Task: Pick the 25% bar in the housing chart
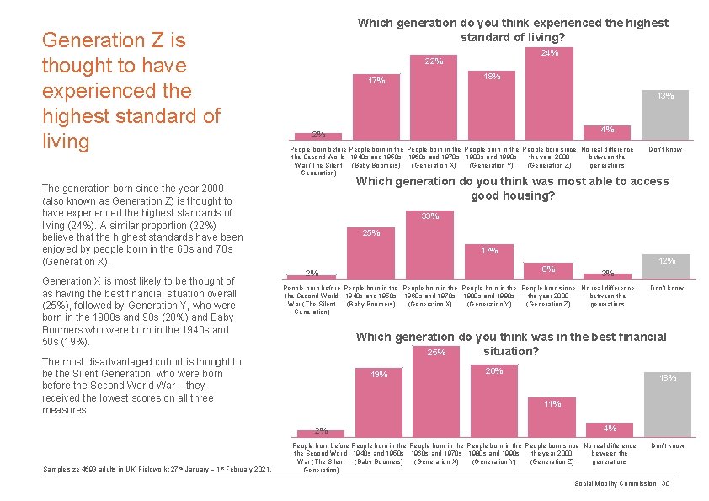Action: [x=372, y=258]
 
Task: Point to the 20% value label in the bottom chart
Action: [x=494, y=371]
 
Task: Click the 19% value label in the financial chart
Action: [x=379, y=375]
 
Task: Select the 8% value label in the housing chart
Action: [x=548, y=269]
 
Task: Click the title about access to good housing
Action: [x=513, y=188]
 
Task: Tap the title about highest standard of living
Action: [x=513, y=29]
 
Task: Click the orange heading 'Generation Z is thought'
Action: [x=131, y=90]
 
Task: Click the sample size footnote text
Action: [x=156, y=469]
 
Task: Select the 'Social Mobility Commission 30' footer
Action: [x=621, y=483]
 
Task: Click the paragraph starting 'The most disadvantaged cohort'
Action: [x=141, y=386]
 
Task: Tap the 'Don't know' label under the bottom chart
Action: [x=667, y=445]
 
